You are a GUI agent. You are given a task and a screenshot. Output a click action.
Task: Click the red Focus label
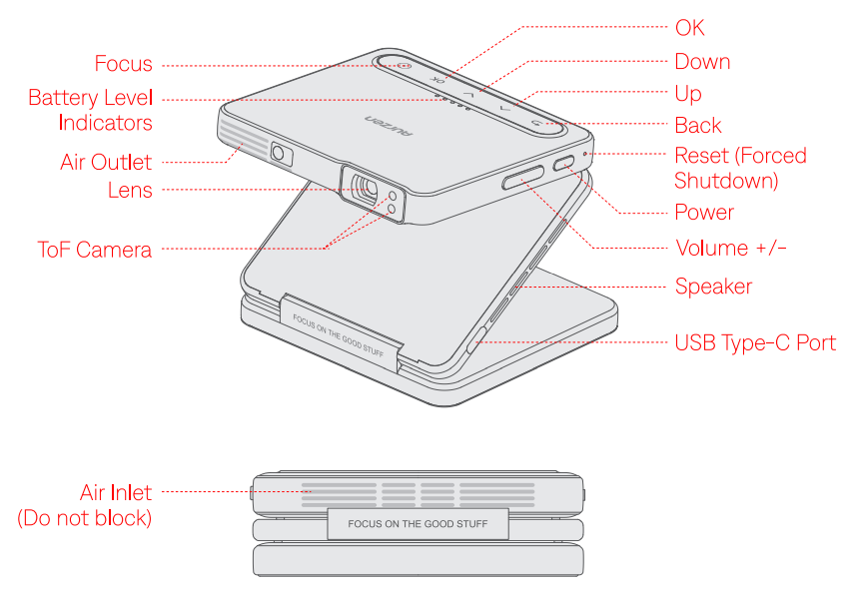123,64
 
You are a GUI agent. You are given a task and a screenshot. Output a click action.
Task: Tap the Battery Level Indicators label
90,110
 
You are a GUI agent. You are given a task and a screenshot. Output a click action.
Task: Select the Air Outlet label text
106,162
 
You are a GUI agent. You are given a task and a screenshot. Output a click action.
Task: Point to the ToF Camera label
95,250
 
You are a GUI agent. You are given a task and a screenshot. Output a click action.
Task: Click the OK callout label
689,27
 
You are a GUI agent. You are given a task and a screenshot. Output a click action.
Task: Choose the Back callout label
698,126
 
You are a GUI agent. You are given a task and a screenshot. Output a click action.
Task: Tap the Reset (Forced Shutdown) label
740,168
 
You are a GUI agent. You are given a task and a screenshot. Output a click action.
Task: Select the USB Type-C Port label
755,343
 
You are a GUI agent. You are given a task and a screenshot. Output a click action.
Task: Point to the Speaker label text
713,287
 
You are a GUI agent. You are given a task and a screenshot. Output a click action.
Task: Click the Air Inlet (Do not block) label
86,504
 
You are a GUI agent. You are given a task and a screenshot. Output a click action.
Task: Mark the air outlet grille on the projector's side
243,146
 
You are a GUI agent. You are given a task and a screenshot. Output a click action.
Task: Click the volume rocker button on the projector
523,178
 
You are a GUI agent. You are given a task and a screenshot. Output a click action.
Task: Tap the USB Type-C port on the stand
474,338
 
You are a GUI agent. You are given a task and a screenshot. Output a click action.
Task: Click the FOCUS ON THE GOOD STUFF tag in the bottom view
419,523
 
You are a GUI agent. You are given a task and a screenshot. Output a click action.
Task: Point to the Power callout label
704,213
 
